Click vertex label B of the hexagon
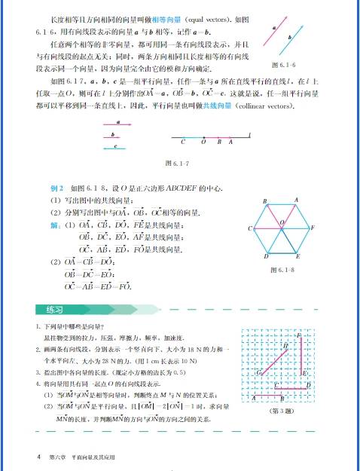click(x=265, y=201)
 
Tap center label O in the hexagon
click(x=281, y=222)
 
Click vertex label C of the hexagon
click(x=249, y=228)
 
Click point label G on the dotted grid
click(x=258, y=372)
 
